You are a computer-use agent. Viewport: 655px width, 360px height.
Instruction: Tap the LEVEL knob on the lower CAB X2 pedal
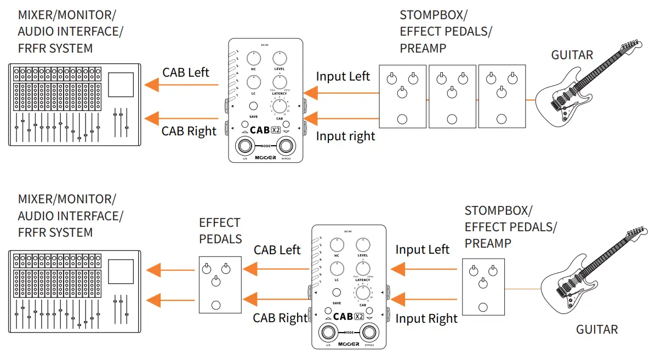pos(362,244)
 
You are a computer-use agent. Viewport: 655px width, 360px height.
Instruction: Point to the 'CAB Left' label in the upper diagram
pos(186,72)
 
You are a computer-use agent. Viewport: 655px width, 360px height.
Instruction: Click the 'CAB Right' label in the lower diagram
pos(280,318)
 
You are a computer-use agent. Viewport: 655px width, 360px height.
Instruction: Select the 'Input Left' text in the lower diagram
pos(422,250)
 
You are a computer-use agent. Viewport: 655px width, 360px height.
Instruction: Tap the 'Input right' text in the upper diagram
pos(345,136)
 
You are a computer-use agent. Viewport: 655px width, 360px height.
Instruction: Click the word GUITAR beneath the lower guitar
pos(597,329)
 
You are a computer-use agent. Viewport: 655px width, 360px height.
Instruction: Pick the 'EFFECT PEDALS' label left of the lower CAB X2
pos(220,231)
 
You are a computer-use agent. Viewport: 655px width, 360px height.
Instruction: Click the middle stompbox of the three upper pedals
pos(452,97)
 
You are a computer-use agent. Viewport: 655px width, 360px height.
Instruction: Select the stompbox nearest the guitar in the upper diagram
pos(502,97)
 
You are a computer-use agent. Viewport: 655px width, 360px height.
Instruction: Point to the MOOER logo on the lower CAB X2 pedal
pos(349,344)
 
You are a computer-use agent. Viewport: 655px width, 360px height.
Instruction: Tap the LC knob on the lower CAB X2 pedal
pos(337,268)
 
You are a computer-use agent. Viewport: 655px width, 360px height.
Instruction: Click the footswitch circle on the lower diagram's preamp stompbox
pos(483,307)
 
